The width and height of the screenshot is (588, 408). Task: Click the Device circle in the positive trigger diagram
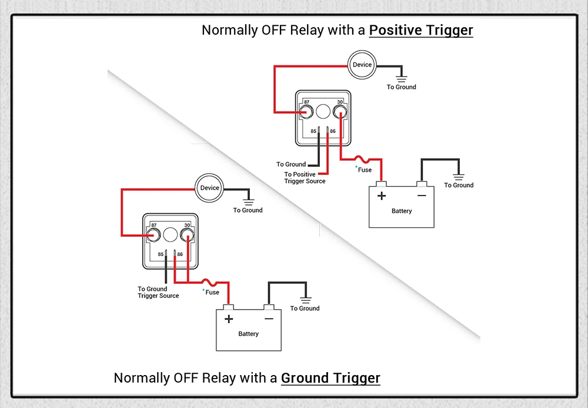[x=362, y=65]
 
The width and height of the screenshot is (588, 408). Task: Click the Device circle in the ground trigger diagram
[x=209, y=188]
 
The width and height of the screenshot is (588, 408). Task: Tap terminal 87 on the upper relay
[x=306, y=111]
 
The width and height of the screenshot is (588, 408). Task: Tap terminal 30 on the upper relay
[x=339, y=111]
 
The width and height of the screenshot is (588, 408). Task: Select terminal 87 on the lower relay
[x=154, y=235]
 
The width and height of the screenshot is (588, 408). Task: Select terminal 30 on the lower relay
[x=187, y=235]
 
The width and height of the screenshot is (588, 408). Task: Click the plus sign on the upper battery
[x=382, y=196]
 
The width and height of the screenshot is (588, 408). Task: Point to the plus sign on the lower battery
[x=229, y=319]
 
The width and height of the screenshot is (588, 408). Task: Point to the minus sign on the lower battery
[x=269, y=319]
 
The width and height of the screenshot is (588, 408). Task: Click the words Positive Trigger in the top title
[x=421, y=30]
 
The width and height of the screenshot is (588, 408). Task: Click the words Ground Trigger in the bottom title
[x=330, y=378]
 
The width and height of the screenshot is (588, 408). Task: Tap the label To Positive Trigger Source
[x=305, y=178]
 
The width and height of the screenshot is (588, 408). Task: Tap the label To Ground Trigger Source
[x=158, y=292]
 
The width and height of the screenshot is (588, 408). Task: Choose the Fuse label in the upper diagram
[x=365, y=170]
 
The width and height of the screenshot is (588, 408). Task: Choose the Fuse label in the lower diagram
[x=212, y=292]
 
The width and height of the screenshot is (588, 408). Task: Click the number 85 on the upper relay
[x=313, y=131]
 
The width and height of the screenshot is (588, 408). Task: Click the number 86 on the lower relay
[x=180, y=254]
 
